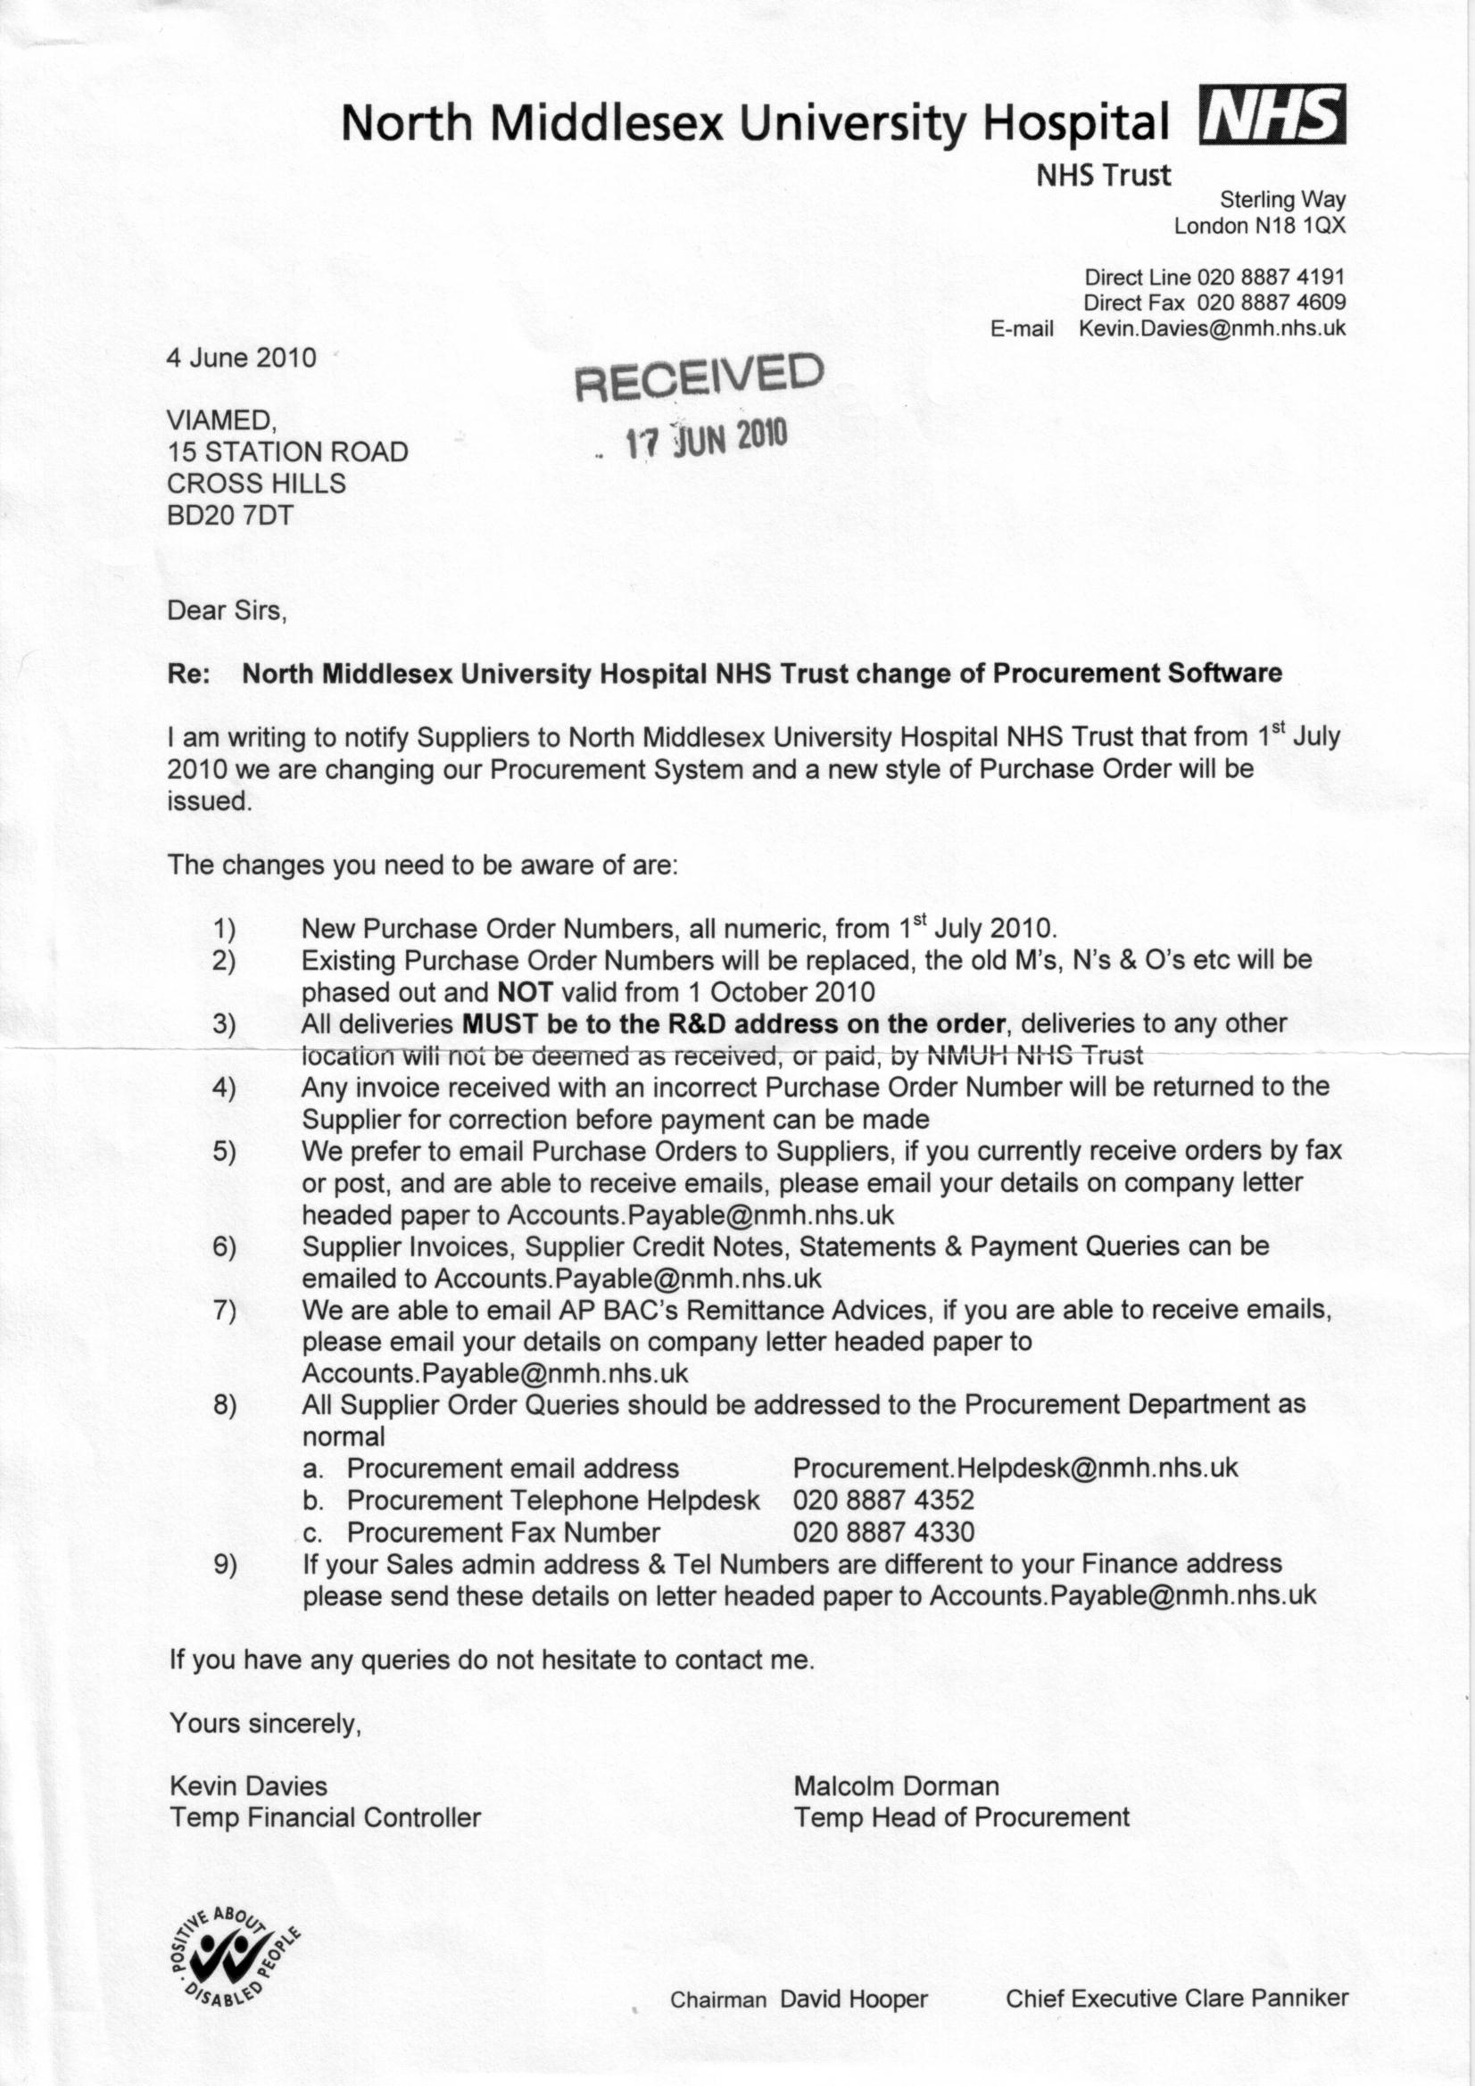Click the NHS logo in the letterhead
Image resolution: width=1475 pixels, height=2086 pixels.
coord(1273,114)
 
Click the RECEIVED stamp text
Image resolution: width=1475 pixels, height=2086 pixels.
coord(700,377)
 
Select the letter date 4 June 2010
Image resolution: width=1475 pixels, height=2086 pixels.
coord(241,357)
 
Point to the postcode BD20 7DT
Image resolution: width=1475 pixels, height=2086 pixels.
coord(230,515)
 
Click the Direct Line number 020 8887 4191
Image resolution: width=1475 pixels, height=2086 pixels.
coord(1271,277)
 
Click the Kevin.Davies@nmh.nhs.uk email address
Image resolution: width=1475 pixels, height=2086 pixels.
coord(1212,328)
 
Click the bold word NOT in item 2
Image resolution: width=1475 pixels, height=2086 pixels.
coord(526,991)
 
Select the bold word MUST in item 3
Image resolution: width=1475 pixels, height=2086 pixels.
coord(501,1023)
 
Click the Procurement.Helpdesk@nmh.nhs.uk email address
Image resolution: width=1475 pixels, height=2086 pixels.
coord(1015,1468)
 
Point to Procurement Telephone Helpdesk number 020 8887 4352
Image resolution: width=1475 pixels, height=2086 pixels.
coord(883,1500)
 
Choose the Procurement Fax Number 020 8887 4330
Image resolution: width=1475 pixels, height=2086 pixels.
coord(883,1532)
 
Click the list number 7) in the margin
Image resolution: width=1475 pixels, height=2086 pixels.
coord(225,1310)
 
